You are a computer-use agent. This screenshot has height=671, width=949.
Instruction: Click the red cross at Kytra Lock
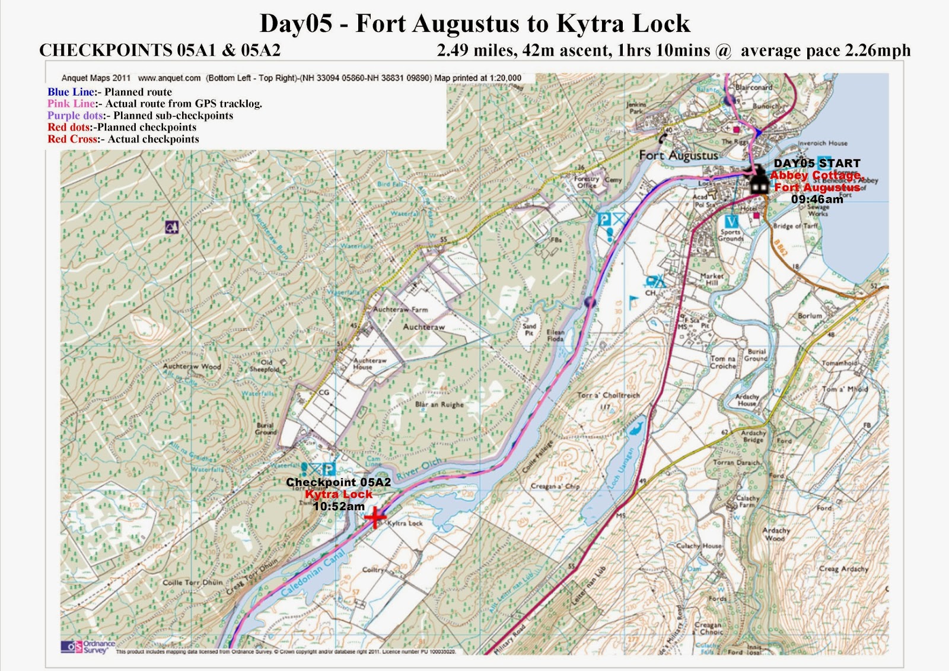(375, 517)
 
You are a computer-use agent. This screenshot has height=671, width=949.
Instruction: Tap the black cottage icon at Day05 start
(758, 180)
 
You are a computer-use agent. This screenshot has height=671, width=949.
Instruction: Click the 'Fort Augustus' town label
(678, 155)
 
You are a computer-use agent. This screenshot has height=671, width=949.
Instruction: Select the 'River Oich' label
(419, 469)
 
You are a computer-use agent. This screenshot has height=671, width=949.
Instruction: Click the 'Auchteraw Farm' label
(400, 310)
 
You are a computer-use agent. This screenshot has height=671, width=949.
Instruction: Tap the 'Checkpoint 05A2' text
(338, 482)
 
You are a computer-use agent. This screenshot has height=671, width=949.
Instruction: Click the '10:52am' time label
(339, 506)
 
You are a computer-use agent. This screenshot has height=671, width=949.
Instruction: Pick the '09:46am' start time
(817, 199)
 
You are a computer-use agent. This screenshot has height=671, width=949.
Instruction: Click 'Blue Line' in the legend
(71, 92)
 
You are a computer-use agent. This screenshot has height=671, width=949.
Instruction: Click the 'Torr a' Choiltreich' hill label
(608, 395)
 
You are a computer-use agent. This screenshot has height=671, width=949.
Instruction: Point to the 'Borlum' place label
(810, 316)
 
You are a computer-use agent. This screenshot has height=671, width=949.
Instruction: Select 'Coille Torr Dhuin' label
(192, 583)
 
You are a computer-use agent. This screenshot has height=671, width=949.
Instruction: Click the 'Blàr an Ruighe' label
(439, 405)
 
